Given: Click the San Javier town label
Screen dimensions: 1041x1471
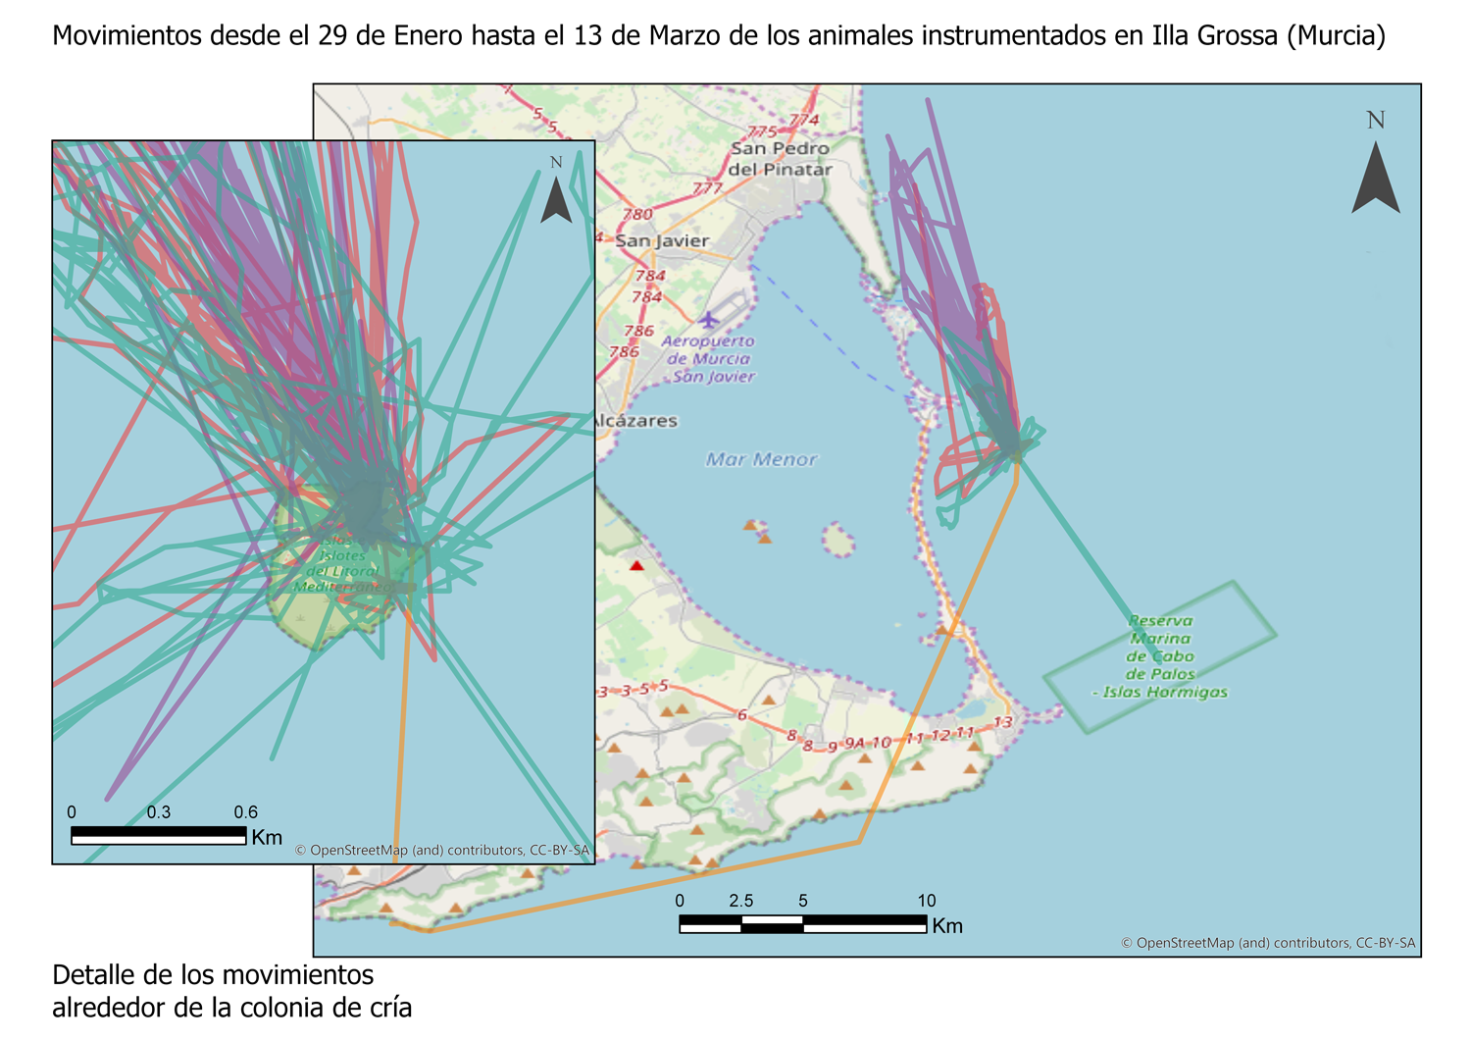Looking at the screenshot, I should click(662, 240).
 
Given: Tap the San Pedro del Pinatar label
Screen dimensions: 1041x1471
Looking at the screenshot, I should click(781, 159).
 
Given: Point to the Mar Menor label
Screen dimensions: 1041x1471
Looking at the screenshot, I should click(761, 459).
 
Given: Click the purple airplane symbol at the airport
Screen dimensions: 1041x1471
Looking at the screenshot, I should click(708, 320).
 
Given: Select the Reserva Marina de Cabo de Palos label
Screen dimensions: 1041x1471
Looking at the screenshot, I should click(1160, 656).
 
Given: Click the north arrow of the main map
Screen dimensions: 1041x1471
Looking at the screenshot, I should click(1376, 177).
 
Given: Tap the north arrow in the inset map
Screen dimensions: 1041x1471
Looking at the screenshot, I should click(556, 196).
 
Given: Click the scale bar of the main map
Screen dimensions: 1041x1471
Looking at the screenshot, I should click(802, 923).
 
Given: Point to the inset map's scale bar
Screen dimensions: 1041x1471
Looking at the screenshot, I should click(159, 835).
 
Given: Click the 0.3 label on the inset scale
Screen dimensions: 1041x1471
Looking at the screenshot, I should click(159, 812).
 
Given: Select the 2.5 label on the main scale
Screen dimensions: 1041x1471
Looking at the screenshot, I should click(741, 901).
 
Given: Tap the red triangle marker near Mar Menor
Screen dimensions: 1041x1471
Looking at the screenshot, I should click(637, 565).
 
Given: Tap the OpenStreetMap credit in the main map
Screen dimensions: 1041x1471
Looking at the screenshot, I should click(1268, 943).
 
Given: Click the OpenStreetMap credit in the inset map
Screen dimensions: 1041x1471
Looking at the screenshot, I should click(442, 851).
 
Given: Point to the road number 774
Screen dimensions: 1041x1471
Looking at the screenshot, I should click(803, 121).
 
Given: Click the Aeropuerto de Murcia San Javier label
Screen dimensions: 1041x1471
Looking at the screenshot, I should click(709, 359).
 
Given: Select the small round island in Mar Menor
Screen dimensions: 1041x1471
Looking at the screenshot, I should click(837, 540).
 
